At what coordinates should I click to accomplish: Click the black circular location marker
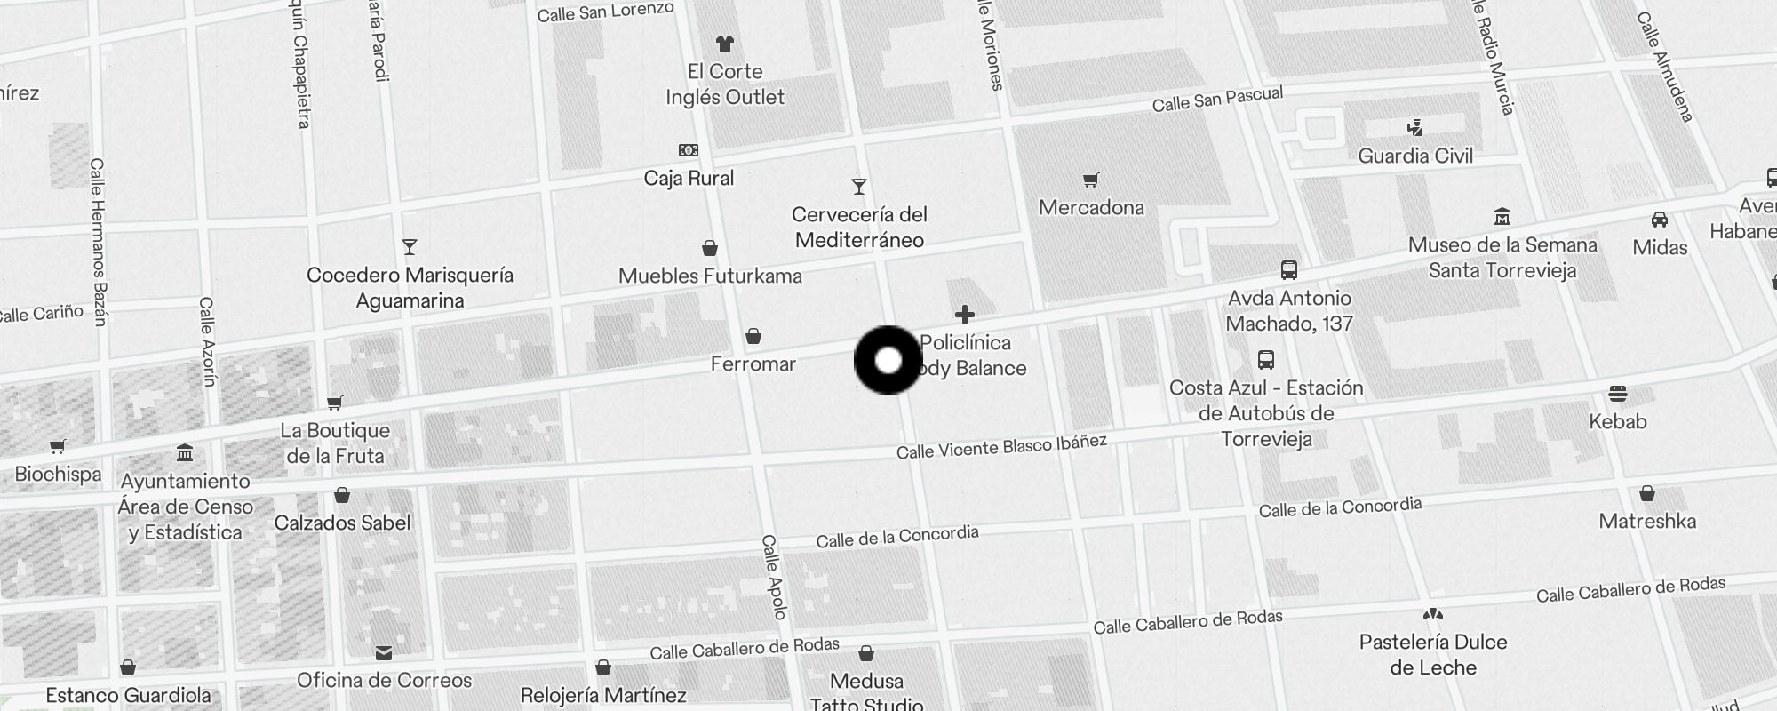point(888,360)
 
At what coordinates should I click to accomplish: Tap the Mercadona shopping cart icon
point(1091,180)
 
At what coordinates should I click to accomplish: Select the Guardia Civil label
point(1415,156)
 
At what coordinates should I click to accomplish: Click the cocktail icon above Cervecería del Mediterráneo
point(858,187)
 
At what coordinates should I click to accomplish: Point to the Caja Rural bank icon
point(689,150)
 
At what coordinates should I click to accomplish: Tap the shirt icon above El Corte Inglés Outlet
point(725,43)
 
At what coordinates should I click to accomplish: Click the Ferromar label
point(753,363)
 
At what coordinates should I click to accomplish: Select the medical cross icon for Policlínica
point(965,314)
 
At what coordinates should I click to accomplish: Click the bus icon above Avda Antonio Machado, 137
point(1288,270)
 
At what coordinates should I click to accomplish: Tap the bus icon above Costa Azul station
point(1266,360)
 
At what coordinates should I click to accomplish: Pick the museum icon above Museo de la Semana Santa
point(1502,216)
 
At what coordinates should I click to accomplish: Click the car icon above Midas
point(1659,219)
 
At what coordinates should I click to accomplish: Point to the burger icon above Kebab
point(1617,394)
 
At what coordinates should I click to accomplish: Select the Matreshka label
point(1647,522)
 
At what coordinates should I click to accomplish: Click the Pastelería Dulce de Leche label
point(1433,654)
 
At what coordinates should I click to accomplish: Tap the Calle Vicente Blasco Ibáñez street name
point(1001,447)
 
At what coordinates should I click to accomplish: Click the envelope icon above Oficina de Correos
point(384,653)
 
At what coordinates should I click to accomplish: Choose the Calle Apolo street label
point(774,577)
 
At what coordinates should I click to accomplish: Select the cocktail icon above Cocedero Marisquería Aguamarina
point(409,246)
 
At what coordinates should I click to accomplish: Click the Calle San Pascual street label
point(1217,100)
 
